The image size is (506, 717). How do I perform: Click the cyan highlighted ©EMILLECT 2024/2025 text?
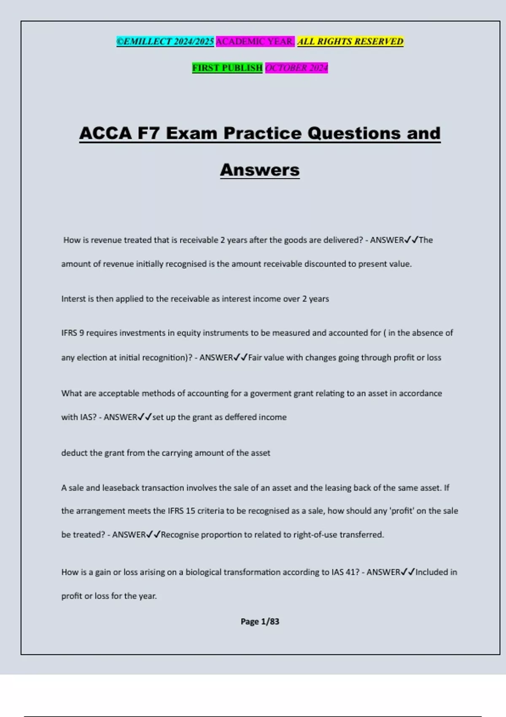[x=165, y=41]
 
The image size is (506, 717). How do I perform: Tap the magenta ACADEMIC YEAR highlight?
[x=255, y=41]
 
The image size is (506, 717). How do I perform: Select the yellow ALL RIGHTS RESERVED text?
[x=350, y=41]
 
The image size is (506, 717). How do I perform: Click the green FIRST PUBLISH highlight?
[x=227, y=67]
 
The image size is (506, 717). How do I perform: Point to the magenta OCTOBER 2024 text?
[x=296, y=67]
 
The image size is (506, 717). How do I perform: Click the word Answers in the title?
[x=260, y=170]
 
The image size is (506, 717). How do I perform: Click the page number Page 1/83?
[x=260, y=621]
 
